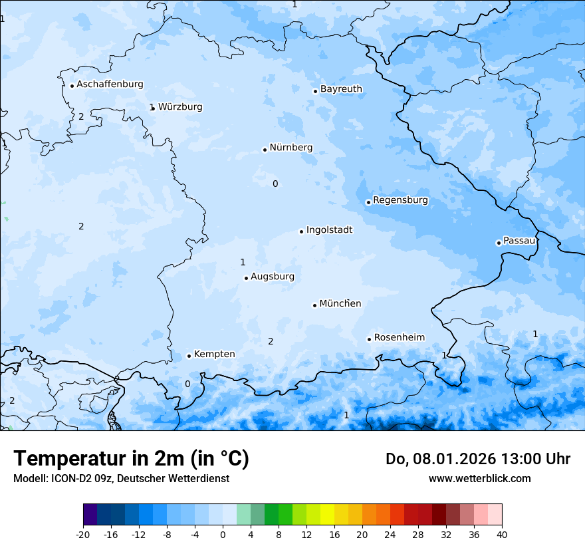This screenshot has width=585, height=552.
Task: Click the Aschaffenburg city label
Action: pyautogui.click(x=110, y=84)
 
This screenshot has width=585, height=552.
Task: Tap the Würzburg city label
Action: pyautogui.click(x=180, y=106)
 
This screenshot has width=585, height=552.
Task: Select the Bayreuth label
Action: pyautogui.click(x=341, y=88)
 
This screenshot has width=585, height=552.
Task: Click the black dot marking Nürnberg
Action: pyautogui.click(x=265, y=150)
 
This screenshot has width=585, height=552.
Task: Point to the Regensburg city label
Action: pyautogui.click(x=400, y=200)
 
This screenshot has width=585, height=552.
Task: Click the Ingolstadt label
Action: pyautogui.click(x=329, y=229)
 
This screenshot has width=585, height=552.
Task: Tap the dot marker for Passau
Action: pyautogui.click(x=499, y=243)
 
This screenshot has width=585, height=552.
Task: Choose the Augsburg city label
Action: pyautogui.click(x=272, y=276)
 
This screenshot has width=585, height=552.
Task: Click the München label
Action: pyautogui.click(x=340, y=303)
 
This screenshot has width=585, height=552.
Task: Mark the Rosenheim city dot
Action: pyautogui.click(x=369, y=339)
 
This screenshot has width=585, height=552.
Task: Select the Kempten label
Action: pyautogui.click(x=214, y=354)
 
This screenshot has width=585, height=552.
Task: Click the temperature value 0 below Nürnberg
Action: pyautogui.click(x=275, y=184)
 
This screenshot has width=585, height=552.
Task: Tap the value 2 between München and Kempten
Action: pyautogui.click(x=271, y=341)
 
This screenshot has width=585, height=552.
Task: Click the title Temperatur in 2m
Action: pyautogui.click(x=131, y=458)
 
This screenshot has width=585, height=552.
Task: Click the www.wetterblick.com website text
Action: pyautogui.click(x=479, y=478)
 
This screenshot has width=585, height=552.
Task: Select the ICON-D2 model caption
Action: pyautogui.click(x=121, y=478)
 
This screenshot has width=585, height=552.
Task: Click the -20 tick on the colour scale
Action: pyautogui.click(x=83, y=534)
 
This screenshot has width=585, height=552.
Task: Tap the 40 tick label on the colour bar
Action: pyautogui.click(x=501, y=534)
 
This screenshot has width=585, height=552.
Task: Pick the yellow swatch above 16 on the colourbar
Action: pyautogui.click(x=327, y=515)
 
